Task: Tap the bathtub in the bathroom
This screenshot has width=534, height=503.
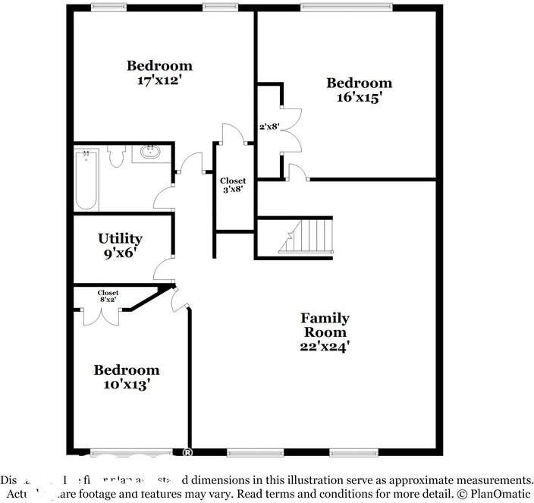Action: (x=86, y=180)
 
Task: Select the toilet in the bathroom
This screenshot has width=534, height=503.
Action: (x=115, y=156)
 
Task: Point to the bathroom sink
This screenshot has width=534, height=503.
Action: (x=150, y=152)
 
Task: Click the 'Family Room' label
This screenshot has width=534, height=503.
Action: (x=325, y=325)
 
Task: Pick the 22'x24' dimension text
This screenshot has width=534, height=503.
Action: (x=325, y=346)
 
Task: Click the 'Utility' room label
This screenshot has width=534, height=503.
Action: (x=120, y=238)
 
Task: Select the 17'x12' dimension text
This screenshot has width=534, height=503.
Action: (x=159, y=80)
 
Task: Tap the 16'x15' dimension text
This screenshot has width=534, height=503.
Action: (x=359, y=97)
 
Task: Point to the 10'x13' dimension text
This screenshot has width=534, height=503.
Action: (x=126, y=384)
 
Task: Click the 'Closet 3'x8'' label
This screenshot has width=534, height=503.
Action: (x=233, y=185)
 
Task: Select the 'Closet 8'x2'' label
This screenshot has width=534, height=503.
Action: (x=108, y=296)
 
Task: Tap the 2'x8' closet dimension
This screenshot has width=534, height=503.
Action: (x=270, y=127)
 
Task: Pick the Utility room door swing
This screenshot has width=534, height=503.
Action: (x=163, y=269)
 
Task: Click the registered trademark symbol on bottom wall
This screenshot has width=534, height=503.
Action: (x=187, y=453)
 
